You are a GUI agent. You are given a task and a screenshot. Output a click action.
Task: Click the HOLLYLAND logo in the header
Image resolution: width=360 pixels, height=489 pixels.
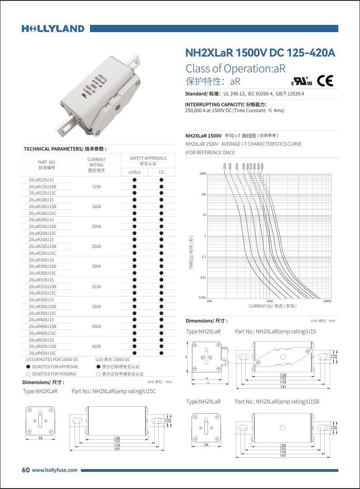coord(53,28)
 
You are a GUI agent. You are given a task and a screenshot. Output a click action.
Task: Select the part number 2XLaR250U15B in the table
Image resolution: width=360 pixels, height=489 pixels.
coord(43,247)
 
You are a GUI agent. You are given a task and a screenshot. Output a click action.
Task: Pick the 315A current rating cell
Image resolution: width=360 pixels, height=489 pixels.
coord(96,287)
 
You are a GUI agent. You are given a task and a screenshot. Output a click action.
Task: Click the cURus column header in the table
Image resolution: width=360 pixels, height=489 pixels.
coord(134,172)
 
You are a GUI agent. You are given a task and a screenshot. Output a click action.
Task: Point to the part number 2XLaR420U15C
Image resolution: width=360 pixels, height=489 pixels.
coord(43,353)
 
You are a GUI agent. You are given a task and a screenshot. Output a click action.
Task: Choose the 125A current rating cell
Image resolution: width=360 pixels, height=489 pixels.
coord(96,186)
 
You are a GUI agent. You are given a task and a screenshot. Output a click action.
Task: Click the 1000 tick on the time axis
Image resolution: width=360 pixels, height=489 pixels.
coord(203,174)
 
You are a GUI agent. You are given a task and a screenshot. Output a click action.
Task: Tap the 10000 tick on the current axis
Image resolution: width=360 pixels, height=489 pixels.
coord(327,301)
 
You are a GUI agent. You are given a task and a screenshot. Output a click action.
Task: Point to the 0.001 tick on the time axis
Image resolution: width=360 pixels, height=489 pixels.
coord(202,298)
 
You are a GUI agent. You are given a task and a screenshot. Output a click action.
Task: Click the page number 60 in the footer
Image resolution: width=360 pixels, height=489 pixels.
coord(26,470)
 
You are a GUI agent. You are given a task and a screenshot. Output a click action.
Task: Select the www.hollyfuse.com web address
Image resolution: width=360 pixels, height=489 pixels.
coord(54,470)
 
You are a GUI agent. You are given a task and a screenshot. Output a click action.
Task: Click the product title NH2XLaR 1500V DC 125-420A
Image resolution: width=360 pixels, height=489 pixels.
coord(260,53)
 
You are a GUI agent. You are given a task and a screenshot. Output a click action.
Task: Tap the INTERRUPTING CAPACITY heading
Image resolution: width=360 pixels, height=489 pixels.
coord(226,104)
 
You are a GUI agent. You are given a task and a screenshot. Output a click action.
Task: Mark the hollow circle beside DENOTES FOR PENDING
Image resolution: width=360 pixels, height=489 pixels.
coord(28,374)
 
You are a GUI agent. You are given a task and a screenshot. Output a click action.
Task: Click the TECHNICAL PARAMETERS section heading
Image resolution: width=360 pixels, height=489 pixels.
coord(65,149)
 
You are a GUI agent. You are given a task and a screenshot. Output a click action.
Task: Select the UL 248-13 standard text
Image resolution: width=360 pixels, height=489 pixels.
coord(235,94)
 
